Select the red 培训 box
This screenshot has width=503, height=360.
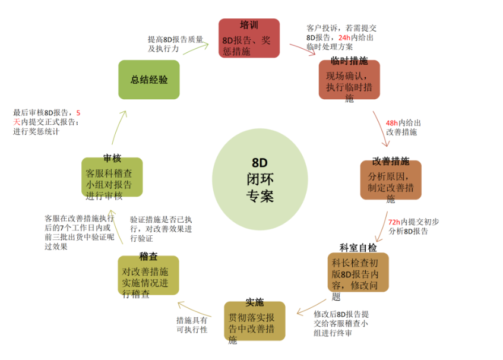click(x=249, y=39)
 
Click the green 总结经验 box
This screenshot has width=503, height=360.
click(x=148, y=79)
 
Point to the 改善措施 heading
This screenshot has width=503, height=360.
click(x=391, y=161)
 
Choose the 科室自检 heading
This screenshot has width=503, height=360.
click(x=358, y=247)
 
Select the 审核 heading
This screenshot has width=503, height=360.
click(x=112, y=159)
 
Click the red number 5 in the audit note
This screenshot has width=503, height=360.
click(x=79, y=112)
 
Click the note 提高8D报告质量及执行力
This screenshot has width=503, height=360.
click(x=175, y=43)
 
